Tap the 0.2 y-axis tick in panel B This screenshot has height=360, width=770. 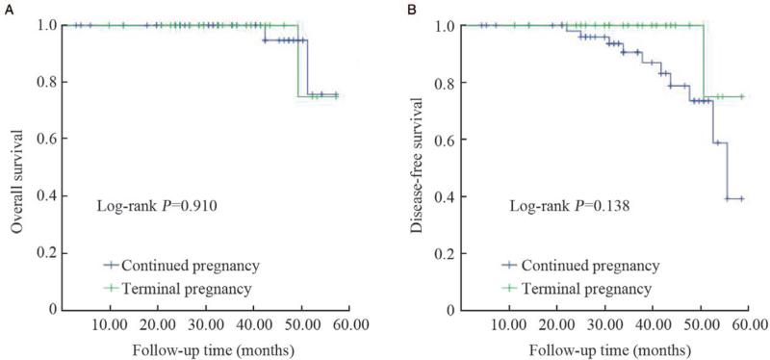pos(447,253)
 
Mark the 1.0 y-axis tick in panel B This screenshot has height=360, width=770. pos(447,26)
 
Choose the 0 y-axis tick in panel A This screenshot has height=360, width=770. pos(53,310)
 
